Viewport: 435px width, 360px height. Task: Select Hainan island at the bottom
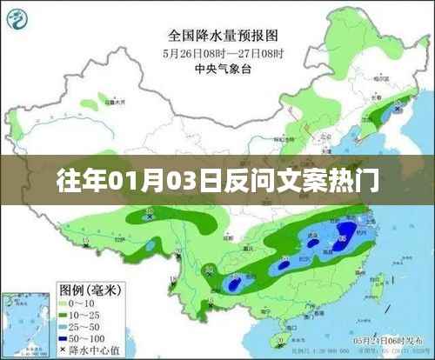(277, 337)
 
